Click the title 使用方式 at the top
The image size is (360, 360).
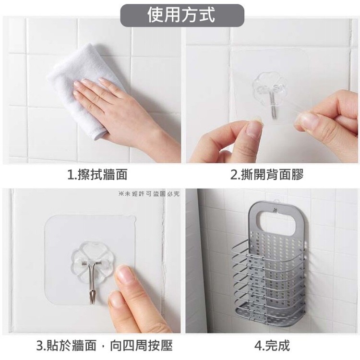click(181, 15)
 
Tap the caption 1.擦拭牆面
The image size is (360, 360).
click(97, 175)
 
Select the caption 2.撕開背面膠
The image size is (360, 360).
click(267, 175)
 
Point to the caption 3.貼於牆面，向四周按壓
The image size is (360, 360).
click(105, 345)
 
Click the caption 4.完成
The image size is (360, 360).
click(272, 345)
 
